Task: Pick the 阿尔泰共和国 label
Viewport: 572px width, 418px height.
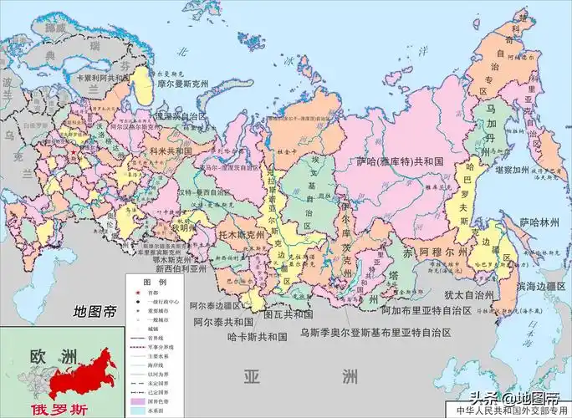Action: coord(222,321)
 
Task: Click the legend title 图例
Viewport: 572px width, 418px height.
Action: coord(150,280)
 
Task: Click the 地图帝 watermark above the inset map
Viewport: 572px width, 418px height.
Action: coord(95,313)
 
